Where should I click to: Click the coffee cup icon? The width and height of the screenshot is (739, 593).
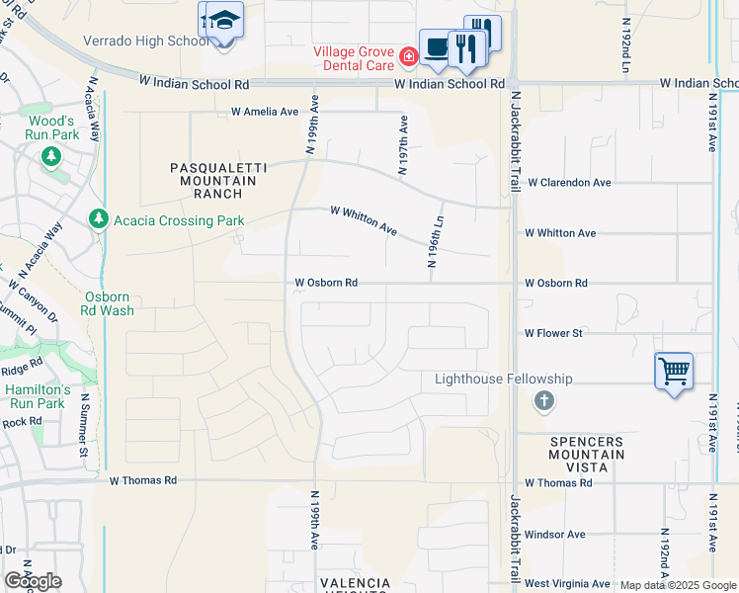point(437,46)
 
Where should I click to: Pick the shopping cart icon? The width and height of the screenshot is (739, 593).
point(674,372)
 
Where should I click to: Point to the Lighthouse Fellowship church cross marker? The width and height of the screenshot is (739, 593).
point(542,401)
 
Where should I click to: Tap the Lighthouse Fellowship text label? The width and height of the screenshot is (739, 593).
point(504,380)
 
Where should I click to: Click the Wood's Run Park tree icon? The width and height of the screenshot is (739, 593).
point(50,156)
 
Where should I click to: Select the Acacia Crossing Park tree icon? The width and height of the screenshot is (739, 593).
point(97,218)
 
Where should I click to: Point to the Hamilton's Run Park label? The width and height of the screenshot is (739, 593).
point(36,396)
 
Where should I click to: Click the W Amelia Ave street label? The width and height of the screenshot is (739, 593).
point(264,112)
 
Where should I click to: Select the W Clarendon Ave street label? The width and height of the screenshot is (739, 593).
point(569,183)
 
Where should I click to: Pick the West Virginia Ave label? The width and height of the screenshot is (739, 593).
point(568,585)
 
